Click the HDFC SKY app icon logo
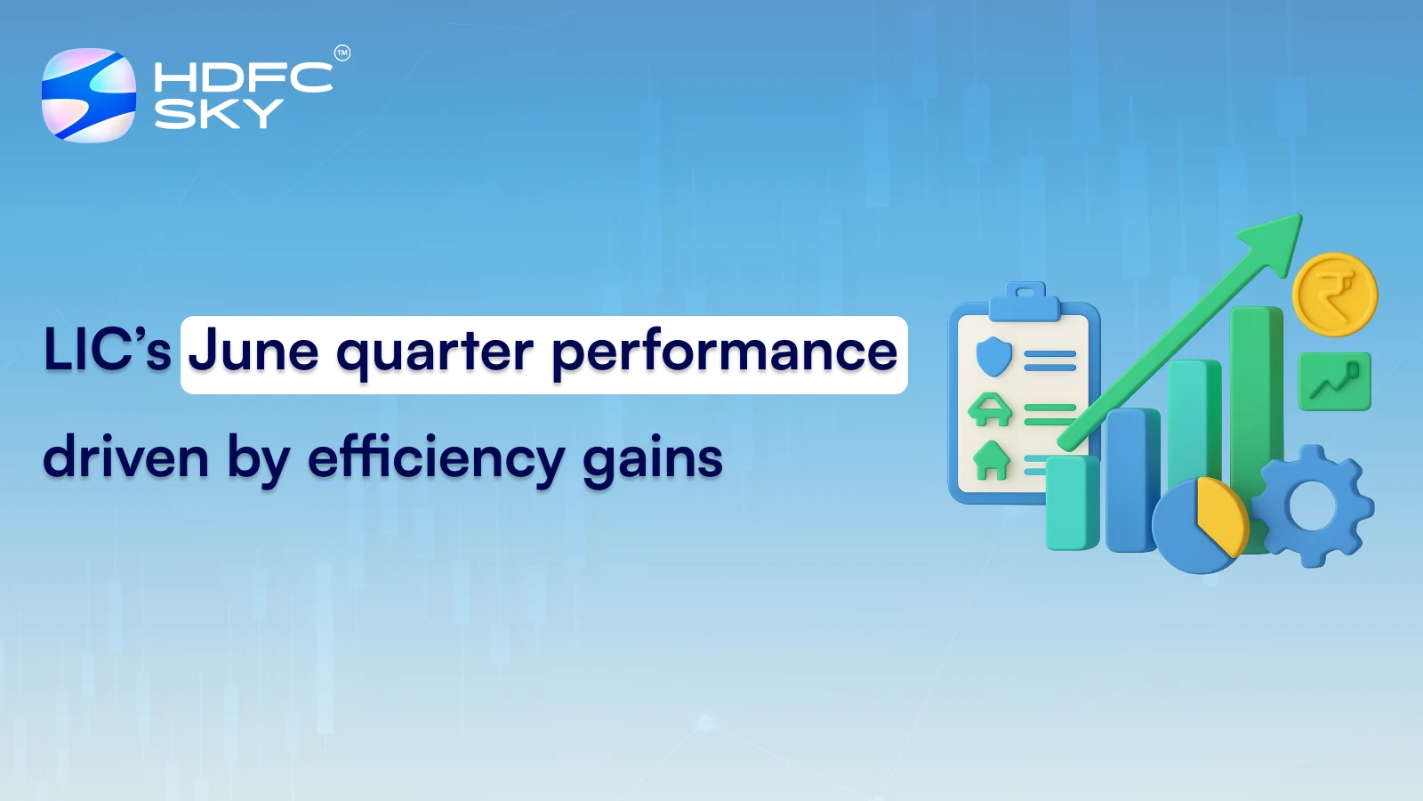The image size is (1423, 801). (89, 95)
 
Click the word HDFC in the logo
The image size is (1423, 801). (243, 77)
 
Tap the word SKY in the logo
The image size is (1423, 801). (218, 114)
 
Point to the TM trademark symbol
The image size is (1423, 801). (342, 53)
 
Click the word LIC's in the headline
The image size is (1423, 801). (107, 350)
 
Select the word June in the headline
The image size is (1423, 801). (253, 352)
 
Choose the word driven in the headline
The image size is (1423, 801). (125, 457)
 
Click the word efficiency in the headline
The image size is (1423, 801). (436, 459)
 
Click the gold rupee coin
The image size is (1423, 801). (1334, 295)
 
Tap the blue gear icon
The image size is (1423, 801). (1314, 506)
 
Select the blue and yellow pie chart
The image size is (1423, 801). (1200, 526)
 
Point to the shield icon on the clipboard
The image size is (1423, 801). (993, 357)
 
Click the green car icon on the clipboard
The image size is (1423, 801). (990, 409)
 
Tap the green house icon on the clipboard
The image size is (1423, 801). (991, 460)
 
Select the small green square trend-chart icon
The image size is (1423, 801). (1334, 382)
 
